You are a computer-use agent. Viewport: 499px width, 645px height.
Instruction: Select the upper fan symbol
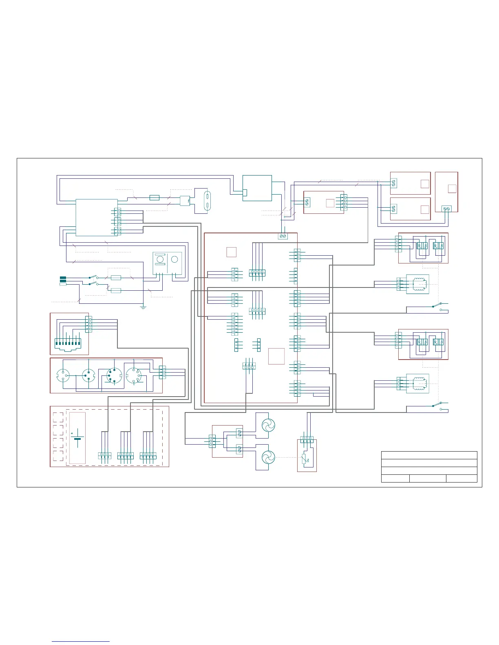(x=268, y=426)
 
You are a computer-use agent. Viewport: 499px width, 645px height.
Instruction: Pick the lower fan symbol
(x=268, y=458)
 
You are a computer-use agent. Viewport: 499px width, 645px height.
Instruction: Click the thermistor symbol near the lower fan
(x=304, y=459)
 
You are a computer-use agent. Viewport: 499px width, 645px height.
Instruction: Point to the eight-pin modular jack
(x=68, y=344)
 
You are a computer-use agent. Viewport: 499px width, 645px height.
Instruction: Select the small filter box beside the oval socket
(x=185, y=200)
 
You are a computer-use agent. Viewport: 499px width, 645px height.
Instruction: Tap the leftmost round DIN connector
(x=63, y=375)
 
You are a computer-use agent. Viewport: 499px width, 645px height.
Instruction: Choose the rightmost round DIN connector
(x=133, y=375)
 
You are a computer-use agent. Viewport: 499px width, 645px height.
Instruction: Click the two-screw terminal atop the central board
(x=283, y=236)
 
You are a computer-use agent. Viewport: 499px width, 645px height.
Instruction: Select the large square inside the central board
(x=276, y=356)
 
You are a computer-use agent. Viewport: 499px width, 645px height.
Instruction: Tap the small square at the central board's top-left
(x=231, y=252)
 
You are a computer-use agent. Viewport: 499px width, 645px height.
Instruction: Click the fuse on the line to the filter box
(x=155, y=197)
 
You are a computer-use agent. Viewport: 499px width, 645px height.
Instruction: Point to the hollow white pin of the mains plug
(x=63, y=284)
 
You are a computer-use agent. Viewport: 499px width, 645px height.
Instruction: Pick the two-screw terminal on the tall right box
(x=447, y=208)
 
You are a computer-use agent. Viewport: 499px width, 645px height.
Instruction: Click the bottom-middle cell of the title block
(x=428, y=478)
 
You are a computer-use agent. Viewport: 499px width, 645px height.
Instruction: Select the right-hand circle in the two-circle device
(x=174, y=259)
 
